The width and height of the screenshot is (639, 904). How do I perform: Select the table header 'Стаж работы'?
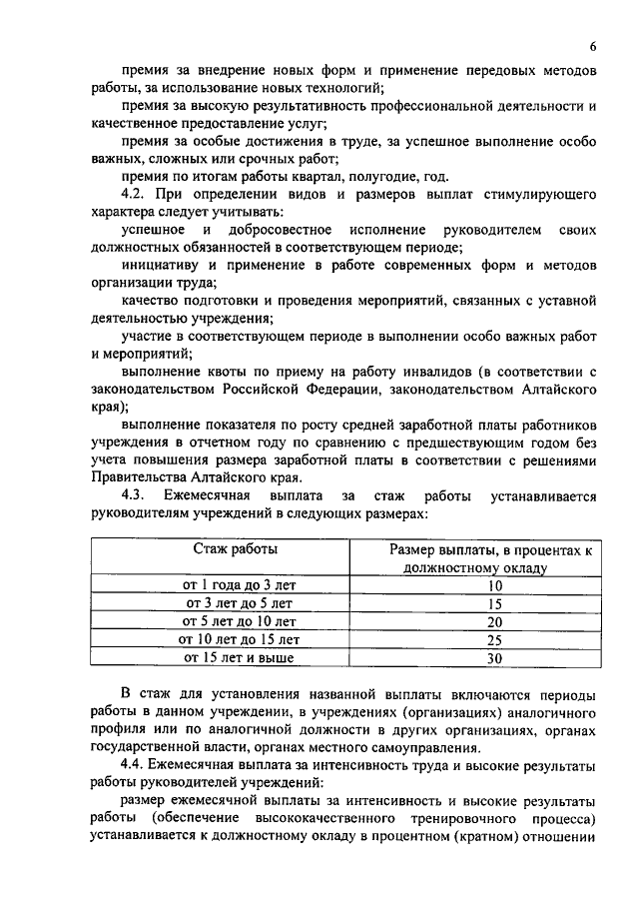[x=236, y=549]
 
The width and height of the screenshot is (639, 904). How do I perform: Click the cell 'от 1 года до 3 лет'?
[x=236, y=585]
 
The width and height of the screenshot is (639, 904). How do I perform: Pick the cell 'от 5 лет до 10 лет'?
[x=236, y=621]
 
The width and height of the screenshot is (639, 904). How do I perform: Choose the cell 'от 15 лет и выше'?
[x=236, y=658]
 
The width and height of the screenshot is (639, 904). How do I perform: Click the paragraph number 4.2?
[x=134, y=193]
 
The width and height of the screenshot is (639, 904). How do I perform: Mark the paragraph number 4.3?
[x=134, y=496]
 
